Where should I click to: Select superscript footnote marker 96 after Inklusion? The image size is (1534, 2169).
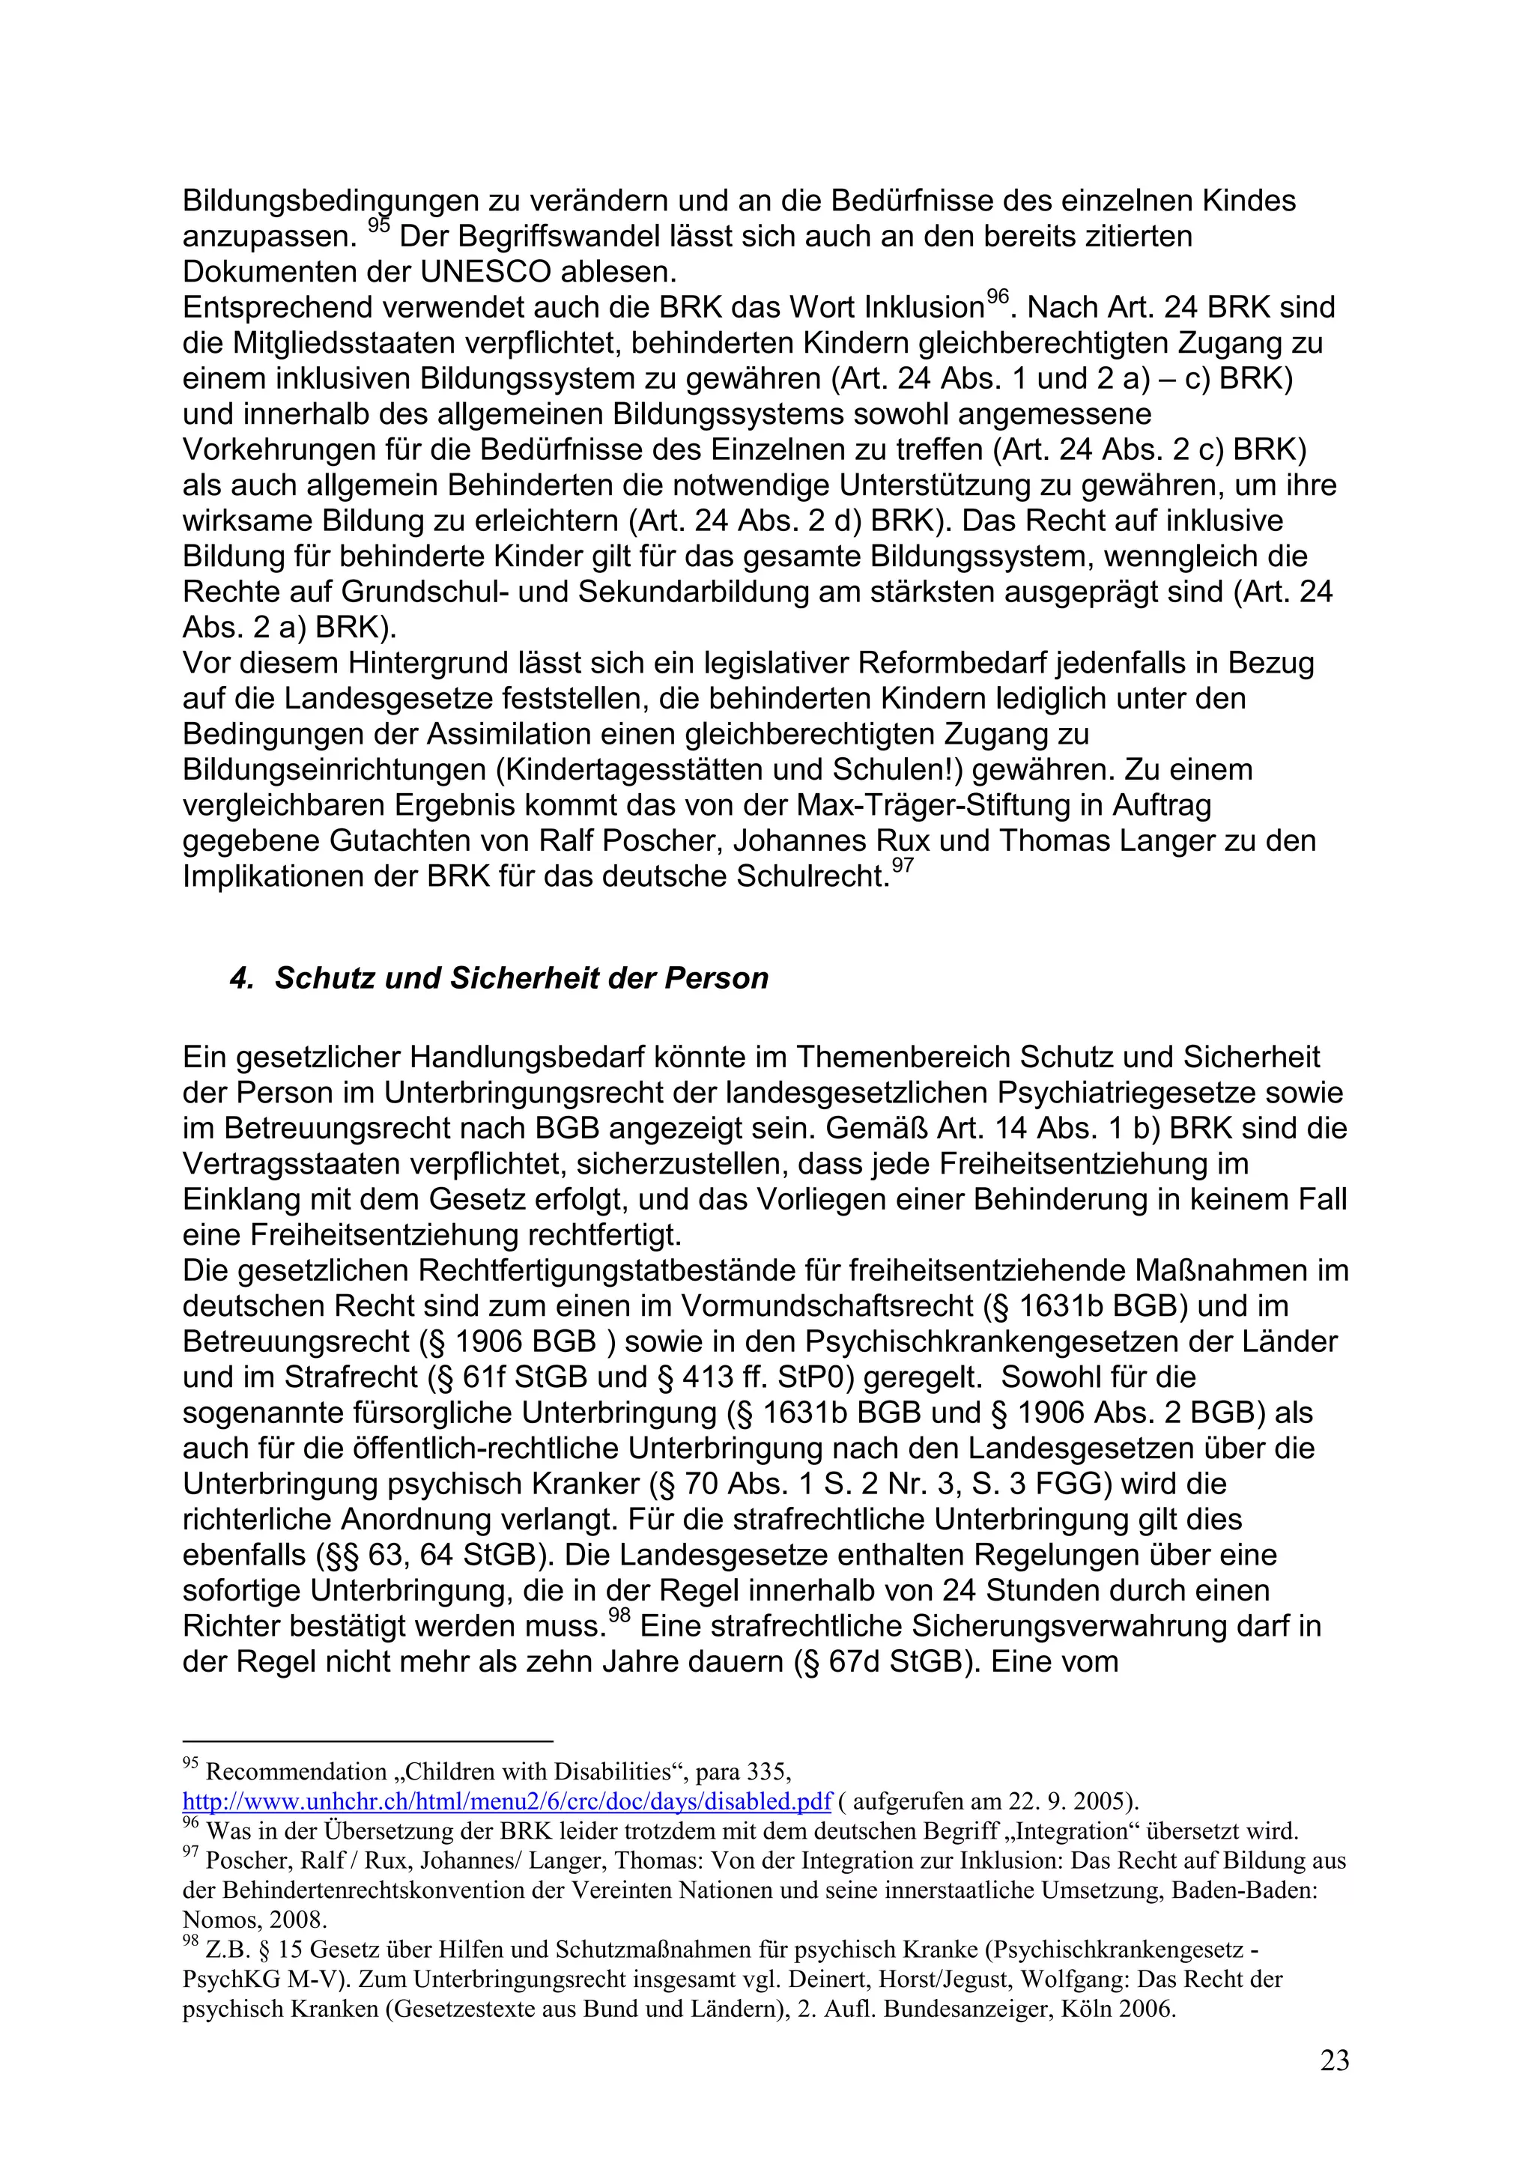pyautogui.click(x=998, y=297)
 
